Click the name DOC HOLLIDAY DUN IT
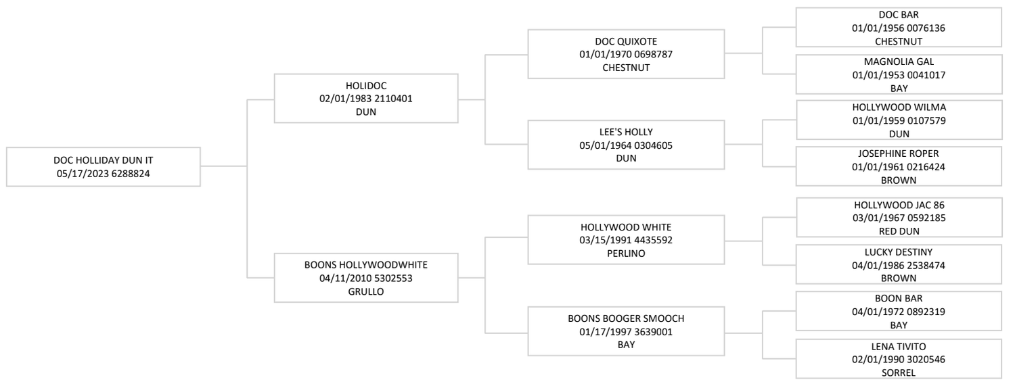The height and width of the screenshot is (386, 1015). tap(104, 160)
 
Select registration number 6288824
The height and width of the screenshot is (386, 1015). tap(131, 174)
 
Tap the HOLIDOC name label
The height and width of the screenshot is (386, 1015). tap(366, 86)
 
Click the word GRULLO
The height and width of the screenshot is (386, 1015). tap(366, 292)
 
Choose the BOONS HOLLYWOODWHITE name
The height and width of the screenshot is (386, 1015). tap(366, 265)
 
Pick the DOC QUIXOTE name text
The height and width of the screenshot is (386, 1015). tap(626, 41)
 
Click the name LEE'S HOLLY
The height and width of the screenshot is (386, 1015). tap(626, 132)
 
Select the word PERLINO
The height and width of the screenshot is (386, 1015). tap(626, 254)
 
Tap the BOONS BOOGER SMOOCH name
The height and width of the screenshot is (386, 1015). tap(626, 318)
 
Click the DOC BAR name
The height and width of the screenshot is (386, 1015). tap(899, 14)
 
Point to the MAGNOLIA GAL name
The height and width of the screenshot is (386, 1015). tap(899, 62)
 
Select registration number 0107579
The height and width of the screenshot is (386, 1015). tap(926, 121)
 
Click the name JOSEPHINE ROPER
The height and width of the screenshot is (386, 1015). tap(899, 153)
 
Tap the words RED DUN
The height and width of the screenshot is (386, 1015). tap(899, 231)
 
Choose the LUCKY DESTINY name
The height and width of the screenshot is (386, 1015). tap(899, 252)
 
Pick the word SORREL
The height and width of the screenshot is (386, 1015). tap(899, 373)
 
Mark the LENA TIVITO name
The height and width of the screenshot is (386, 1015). tap(899, 347)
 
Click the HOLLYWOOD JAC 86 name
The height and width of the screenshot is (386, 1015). tap(899, 205)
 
